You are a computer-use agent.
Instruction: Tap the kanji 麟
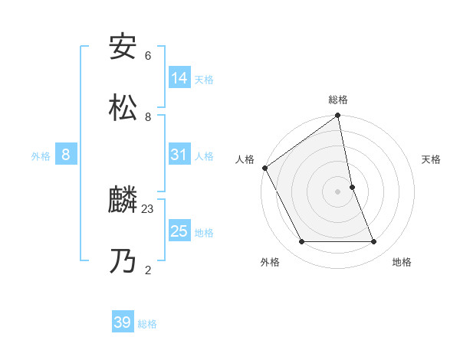(x=123, y=201)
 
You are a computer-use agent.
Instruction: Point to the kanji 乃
(x=123, y=262)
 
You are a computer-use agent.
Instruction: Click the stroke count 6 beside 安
(x=148, y=55)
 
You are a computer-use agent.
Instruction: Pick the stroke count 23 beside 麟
(x=148, y=208)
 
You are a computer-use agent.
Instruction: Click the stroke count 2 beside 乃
(x=148, y=270)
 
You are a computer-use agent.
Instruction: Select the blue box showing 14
(x=179, y=78)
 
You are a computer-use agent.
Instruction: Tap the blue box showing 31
(x=179, y=155)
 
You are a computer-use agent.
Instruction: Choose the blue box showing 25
(x=179, y=231)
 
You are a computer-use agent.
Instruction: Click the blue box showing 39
(x=123, y=322)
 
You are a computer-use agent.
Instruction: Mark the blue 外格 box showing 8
(x=66, y=155)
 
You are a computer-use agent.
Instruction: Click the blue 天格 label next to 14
(x=204, y=80)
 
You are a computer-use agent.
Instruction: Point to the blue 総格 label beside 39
(x=147, y=324)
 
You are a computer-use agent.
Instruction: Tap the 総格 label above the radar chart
(x=338, y=100)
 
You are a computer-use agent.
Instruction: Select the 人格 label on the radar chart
(x=245, y=159)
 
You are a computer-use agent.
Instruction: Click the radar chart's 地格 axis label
(x=402, y=262)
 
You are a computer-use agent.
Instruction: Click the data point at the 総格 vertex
(x=338, y=116)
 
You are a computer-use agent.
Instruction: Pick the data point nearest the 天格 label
(x=352, y=187)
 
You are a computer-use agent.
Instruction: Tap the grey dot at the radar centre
(x=338, y=191)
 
